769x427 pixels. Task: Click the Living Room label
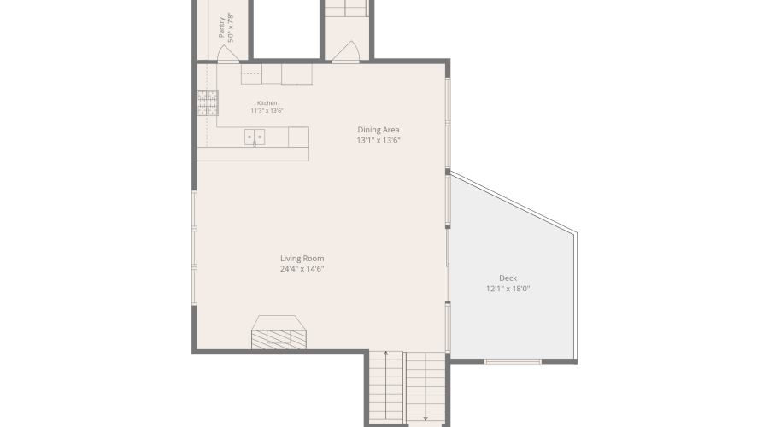[302, 259]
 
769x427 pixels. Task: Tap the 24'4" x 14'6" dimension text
[302, 269]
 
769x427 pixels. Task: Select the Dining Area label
[379, 130]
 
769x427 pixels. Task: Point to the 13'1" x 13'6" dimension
[379, 140]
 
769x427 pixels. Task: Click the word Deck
[508, 278]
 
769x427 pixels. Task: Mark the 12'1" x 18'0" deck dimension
[508, 289]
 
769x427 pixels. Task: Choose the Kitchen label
[267, 103]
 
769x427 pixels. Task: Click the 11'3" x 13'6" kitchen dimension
[267, 111]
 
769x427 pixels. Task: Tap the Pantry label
[221, 27]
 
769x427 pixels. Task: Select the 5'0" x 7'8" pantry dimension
[231, 28]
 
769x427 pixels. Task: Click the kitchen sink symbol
[255, 137]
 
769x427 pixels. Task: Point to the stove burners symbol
[208, 103]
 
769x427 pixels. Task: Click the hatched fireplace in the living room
[279, 340]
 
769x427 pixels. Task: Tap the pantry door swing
[228, 54]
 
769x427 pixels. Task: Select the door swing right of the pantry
[346, 51]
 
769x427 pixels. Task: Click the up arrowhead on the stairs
[386, 353]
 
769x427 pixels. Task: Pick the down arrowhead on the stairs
[426, 418]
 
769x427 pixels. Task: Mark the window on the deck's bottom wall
[513, 362]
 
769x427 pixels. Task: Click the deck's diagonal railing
[514, 202]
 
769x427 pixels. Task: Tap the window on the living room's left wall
[194, 248]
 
